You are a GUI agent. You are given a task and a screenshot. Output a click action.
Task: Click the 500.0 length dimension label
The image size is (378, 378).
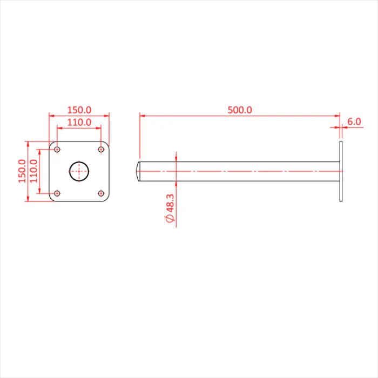[x=240, y=110]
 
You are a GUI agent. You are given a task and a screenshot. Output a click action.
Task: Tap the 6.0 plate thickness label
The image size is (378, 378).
[x=354, y=122]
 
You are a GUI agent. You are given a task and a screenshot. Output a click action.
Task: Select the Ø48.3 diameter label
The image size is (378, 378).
[x=170, y=208]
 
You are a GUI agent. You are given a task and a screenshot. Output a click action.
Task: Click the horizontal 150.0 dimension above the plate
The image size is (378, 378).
[x=79, y=110]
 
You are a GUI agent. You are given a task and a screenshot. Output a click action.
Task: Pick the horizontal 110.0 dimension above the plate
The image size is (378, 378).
[x=79, y=123]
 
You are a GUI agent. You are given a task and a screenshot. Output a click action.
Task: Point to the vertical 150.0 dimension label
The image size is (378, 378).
[x=22, y=171]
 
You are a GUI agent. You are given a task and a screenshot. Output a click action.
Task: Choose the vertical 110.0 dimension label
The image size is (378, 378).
[x=33, y=171]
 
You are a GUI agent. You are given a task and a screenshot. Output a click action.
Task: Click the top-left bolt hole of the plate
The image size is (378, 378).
[x=57, y=150]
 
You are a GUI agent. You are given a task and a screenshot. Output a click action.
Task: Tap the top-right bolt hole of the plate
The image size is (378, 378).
[x=101, y=150]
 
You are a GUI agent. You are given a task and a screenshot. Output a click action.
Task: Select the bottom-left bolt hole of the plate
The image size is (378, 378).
[x=57, y=193]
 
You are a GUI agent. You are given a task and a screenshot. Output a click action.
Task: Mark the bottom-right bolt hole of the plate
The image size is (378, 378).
[x=101, y=193]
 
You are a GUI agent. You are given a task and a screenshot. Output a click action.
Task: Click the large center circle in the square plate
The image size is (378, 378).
[x=79, y=162]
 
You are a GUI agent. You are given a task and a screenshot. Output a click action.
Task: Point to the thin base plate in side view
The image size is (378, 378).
[x=341, y=171]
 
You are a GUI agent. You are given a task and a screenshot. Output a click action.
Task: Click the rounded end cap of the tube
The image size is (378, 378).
[x=138, y=171]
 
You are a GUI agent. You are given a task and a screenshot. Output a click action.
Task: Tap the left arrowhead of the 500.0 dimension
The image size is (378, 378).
[x=143, y=116]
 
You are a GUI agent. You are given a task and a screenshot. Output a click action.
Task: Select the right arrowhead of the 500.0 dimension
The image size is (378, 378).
[x=337, y=116]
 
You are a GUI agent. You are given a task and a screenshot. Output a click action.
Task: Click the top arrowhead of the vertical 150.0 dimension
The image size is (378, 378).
[x=28, y=144]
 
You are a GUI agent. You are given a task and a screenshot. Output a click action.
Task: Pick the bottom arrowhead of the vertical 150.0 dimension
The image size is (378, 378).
[x=28, y=198]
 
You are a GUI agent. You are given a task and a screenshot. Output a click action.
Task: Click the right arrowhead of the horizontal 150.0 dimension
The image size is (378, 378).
[x=106, y=116]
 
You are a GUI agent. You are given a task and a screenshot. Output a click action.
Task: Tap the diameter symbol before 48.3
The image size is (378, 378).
[x=170, y=219]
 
